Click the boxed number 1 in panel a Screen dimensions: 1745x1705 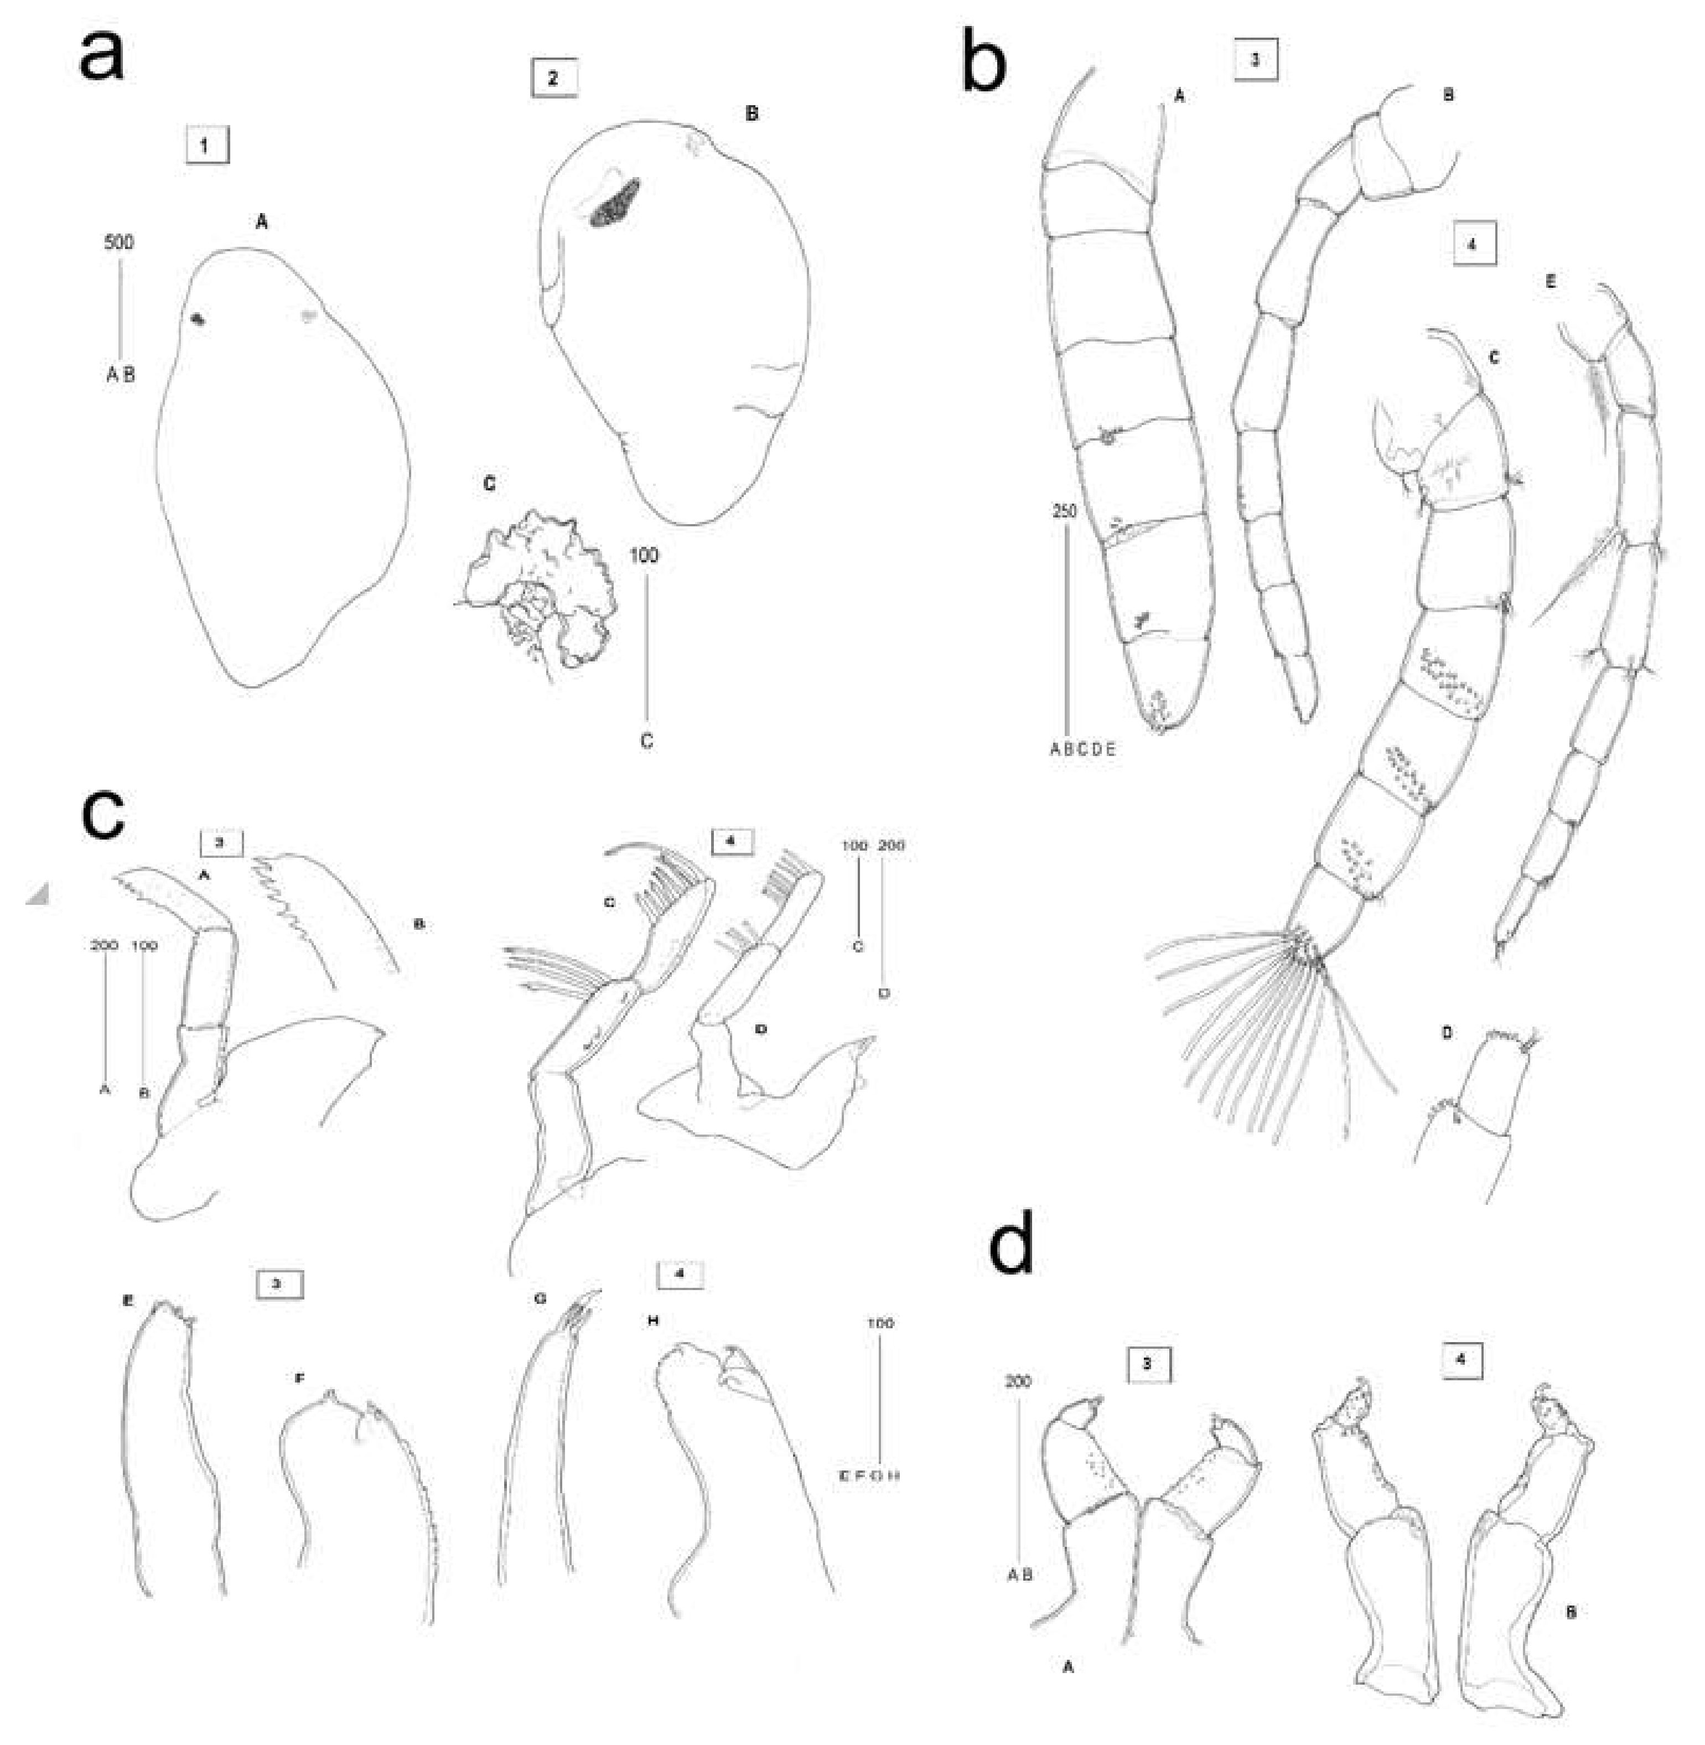[x=207, y=145]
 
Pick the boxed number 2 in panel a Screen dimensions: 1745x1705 [x=553, y=78]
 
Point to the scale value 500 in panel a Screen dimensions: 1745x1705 [x=119, y=242]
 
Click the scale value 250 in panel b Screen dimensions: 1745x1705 [x=1065, y=511]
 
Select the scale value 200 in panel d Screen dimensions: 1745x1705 [x=1018, y=1381]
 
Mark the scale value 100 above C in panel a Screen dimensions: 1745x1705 [x=644, y=555]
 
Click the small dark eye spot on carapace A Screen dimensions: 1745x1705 [x=198, y=318]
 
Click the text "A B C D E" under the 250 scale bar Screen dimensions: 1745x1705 [x=1082, y=749]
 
